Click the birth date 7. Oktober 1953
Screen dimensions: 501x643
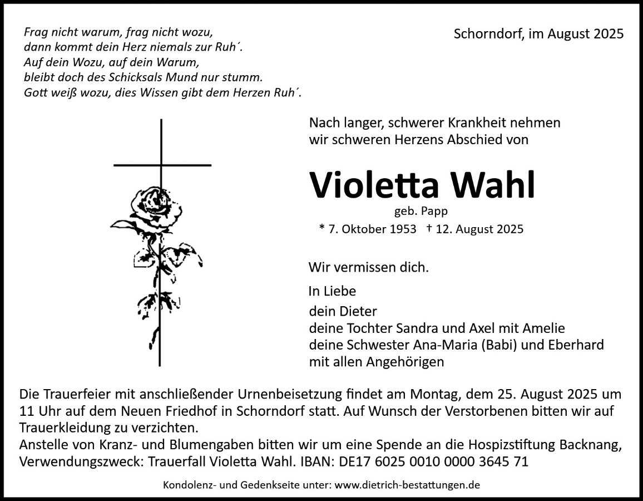(x=368, y=229)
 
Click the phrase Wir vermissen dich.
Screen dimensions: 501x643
(x=369, y=267)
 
